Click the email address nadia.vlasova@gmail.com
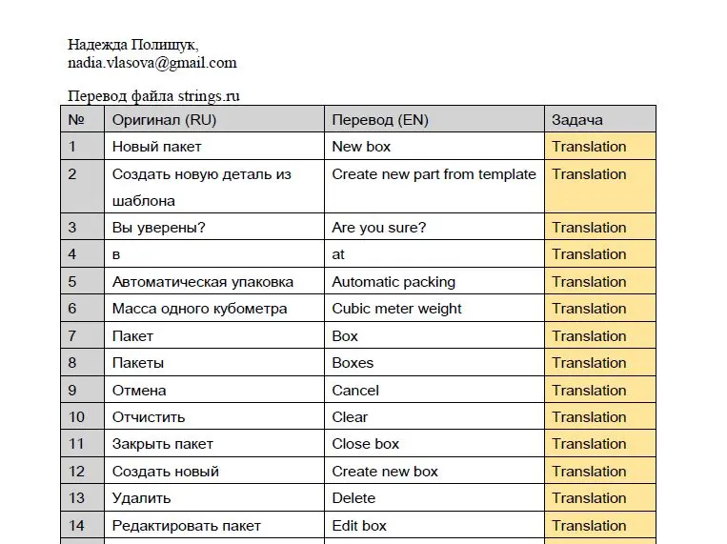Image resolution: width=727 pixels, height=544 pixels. [151, 63]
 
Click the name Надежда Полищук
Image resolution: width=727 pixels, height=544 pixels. [132, 45]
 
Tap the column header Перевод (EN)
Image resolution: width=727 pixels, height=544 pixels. [379, 119]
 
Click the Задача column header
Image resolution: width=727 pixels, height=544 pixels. [576, 119]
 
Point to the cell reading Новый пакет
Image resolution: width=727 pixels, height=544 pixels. [156, 147]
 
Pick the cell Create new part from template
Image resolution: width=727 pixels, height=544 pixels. [434, 174]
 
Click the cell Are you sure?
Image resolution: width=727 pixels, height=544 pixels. [378, 228]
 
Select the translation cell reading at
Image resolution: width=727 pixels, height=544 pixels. [338, 254]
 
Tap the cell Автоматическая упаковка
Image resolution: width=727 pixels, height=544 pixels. [202, 282]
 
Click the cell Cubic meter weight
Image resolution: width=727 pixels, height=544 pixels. [396, 309]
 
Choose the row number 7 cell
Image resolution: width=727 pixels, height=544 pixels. [72, 336]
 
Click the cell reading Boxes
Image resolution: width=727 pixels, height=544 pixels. [353, 363]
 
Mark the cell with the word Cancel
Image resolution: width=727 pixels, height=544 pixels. [355, 391]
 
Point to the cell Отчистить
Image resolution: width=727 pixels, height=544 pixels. [149, 417]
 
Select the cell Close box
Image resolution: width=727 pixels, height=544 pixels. [366, 444]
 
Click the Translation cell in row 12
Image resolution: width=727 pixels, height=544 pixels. [589, 472]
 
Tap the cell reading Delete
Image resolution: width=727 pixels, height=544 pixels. [353, 498]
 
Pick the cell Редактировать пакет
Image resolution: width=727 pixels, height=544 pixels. [186, 526]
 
